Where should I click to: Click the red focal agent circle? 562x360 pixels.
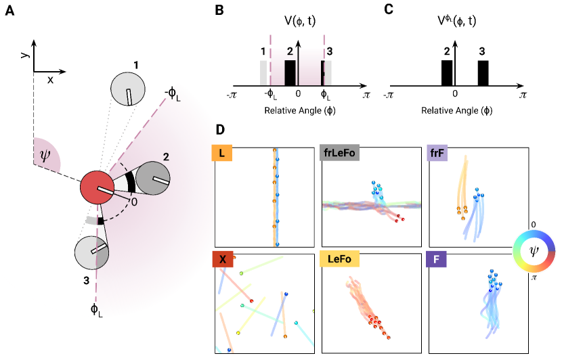(x=98, y=188)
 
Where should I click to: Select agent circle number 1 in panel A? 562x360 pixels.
(x=128, y=89)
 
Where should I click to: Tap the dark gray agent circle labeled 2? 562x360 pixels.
(x=154, y=179)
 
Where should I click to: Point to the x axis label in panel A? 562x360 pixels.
(x=50, y=80)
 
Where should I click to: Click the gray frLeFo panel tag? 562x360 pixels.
(x=340, y=154)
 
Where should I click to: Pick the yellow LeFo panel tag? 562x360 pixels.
(x=339, y=259)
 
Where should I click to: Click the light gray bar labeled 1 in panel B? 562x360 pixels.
(x=263, y=73)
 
